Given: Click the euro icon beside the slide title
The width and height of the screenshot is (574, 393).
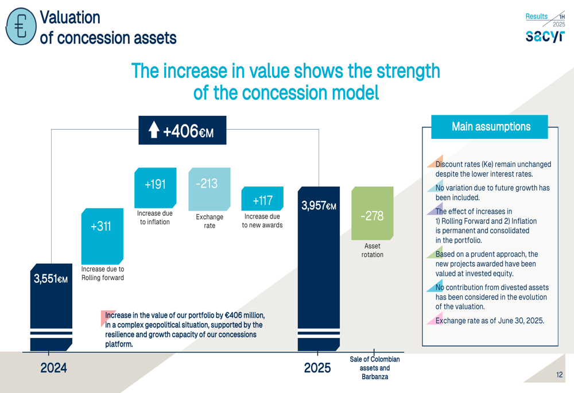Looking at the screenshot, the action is [x=21, y=26].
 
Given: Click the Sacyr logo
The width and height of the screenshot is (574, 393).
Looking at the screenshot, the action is [x=545, y=36].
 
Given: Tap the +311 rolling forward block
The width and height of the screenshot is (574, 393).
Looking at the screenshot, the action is [x=102, y=236].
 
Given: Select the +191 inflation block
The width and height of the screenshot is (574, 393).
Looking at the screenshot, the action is [x=155, y=188].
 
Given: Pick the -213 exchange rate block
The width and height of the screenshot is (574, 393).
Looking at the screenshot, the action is [x=210, y=189].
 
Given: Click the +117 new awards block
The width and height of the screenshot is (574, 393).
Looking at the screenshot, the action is [x=262, y=199].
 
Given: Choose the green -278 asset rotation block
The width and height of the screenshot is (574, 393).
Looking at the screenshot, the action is [x=373, y=213].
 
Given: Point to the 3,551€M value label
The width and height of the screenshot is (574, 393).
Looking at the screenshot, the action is [x=51, y=279].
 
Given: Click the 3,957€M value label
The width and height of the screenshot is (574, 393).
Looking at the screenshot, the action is [x=319, y=205].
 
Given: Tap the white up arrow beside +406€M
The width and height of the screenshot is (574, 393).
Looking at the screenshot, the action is [x=154, y=130].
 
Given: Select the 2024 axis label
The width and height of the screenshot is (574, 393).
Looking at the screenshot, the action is [x=53, y=368].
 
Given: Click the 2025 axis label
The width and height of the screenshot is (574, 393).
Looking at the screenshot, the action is [x=317, y=368].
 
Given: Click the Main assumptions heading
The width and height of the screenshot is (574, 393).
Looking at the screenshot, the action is [x=491, y=127].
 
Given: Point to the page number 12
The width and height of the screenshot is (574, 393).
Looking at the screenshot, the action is [x=559, y=375].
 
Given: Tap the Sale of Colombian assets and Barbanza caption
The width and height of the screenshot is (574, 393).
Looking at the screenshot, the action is [x=375, y=368].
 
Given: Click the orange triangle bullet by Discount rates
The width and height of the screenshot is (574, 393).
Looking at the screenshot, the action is [x=436, y=161].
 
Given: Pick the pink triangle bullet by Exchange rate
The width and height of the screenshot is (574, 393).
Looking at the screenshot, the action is [x=436, y=318].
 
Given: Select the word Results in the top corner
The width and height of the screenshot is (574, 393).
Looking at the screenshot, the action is [x=536, y=17].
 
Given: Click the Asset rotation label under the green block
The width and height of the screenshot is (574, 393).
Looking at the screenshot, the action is [x=373, y=250].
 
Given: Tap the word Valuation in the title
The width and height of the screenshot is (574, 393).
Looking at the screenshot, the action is [x=70, y=17].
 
